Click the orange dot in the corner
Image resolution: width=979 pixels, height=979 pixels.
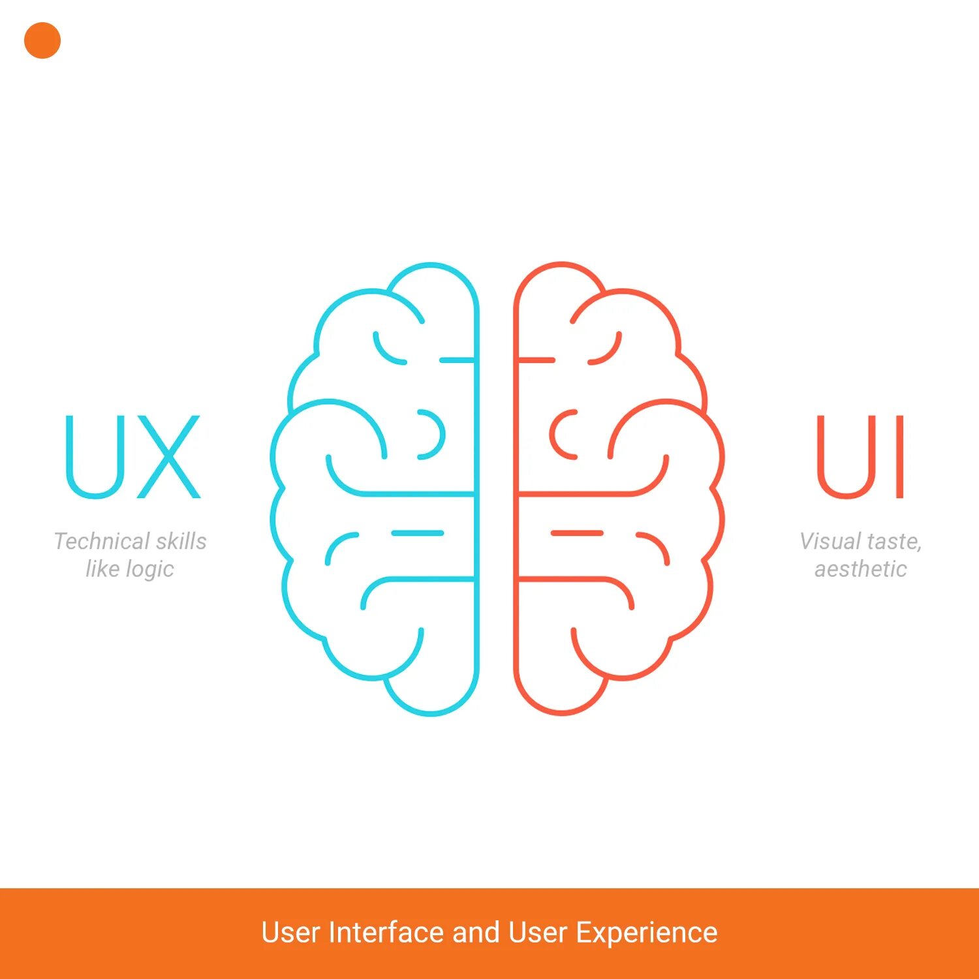point(42,40)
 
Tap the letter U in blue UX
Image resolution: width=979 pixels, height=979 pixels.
point(95,457)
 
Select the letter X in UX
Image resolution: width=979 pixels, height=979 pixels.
point(168,457)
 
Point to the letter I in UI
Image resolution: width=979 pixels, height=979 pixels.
point(899,457)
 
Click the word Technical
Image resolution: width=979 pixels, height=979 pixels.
point(101,541)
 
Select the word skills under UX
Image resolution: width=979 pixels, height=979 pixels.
point(181,541)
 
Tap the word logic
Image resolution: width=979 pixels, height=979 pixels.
point(149,570)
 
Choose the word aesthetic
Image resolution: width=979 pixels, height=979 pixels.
point(860,569)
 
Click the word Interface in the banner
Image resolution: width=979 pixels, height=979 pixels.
point(386,932)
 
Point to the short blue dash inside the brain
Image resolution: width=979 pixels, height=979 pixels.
point(418,533)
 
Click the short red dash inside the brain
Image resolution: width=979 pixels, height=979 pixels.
point(577,533)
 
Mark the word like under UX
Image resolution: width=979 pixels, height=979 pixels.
point(102,569)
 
